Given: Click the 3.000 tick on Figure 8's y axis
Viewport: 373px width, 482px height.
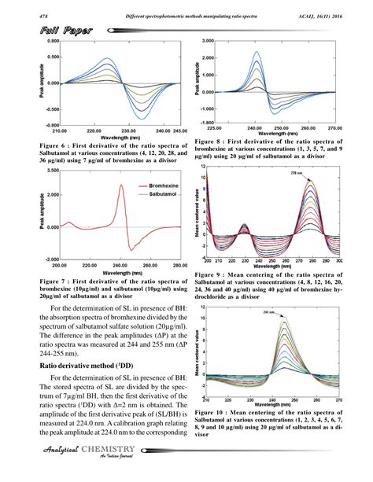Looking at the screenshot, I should click(x=209, y=39).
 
